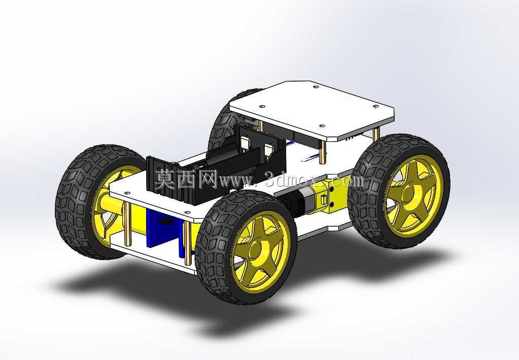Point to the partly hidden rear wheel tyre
point(228,122)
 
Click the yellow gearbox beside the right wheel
point(328,197)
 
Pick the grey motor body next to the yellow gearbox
point(295,202)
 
